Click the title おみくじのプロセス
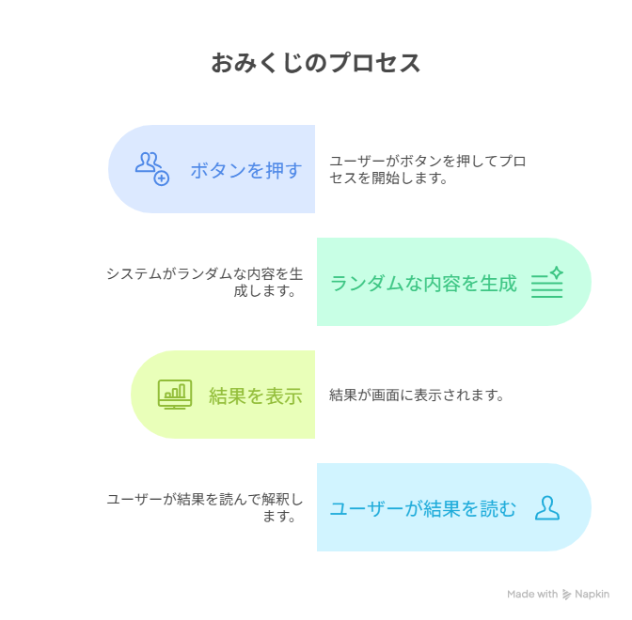(x=316, y=63)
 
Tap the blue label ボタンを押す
(x=246, y=170)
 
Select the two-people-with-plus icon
(x=152, y=169)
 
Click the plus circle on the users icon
(x=162, y=178)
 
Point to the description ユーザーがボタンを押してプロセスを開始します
(x=428, y=169)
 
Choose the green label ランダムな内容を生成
(x=423, y=283)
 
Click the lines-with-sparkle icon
(x=547, y=282)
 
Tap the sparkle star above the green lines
(x=557, y=272)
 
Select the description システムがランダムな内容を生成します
(x=205, y=282)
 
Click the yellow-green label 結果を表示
(x=256, y=395)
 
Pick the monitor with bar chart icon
(x=175, y=395)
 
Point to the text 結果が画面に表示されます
(x=417, y=395)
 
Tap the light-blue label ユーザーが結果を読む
(x=423, y=508)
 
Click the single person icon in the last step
(x=547, y=508)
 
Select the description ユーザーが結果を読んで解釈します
(x=205, y=507)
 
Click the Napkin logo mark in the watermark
(x=566, y=595)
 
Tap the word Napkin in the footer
(x=592, y=595)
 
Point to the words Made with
(x=532, y=595)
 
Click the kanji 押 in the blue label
(x=275, y=170)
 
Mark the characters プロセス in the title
(x=374, y=63)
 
